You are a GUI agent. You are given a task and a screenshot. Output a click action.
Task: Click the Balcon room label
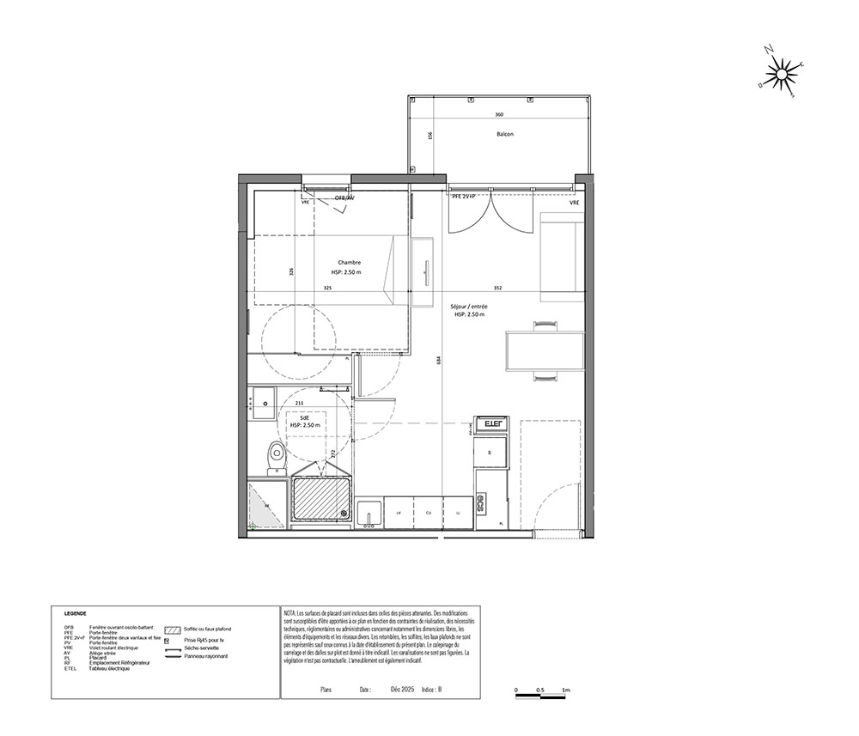coord(504,135)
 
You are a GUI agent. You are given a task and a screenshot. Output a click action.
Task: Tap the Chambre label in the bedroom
coord(349,262)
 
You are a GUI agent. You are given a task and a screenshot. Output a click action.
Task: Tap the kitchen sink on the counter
coord(370,512)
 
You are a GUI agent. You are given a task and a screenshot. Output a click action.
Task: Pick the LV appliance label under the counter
coord(399,512)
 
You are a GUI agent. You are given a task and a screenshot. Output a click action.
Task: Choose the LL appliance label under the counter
coord(458,512)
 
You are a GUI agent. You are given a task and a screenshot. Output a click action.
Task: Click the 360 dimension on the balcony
coord(498,115)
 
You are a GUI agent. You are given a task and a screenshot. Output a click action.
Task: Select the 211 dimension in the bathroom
coord(298,402)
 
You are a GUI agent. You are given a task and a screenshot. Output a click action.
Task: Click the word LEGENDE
coord(76,615)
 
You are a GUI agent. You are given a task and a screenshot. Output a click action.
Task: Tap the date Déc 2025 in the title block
coord(402,689)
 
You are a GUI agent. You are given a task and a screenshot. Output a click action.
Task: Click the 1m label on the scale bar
coord(566,690)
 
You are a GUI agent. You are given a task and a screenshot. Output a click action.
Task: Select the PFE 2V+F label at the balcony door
coord(470,197)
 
